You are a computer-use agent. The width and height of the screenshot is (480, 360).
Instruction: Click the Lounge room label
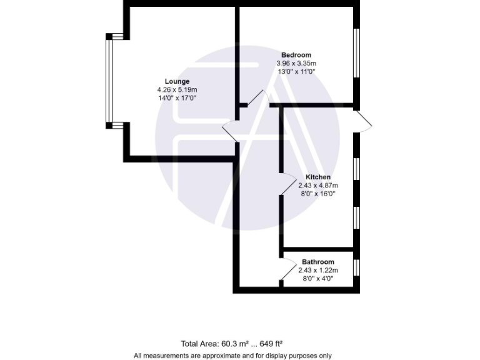(177, 81)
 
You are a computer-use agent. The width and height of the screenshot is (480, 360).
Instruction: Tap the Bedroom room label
(296, 55)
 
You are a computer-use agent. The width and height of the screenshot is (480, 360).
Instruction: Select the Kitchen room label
(318, 177)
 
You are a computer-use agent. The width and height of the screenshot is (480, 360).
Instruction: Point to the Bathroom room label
(317, 262)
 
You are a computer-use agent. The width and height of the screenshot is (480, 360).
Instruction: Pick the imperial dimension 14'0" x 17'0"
(177, 97)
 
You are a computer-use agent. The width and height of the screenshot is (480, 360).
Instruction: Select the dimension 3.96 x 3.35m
(296, 63)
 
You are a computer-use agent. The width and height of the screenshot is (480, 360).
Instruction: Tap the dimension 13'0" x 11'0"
(296, 71)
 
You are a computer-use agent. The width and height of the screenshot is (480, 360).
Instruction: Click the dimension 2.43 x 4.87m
(317, 185)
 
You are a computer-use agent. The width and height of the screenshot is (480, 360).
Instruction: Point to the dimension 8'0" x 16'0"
(317, 193)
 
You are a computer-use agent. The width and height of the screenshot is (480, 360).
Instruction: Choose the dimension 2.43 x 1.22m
(317, 270)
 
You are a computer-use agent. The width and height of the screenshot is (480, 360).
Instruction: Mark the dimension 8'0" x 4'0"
(317, 278)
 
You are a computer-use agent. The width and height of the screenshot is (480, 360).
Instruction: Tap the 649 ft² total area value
(271, 343)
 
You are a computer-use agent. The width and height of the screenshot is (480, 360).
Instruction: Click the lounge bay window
(109, 81)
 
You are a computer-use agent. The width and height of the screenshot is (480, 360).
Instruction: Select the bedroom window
(357, 52)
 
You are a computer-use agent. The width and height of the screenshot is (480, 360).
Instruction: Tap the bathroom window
(356, 267)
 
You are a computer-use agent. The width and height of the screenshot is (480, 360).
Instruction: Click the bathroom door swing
(288, 270)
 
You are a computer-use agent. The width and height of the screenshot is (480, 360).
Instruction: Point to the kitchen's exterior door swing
(365, 121)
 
